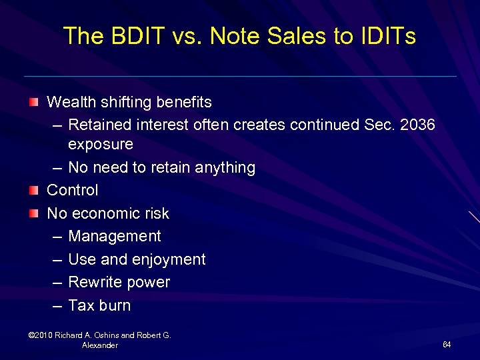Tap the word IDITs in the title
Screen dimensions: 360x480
383,36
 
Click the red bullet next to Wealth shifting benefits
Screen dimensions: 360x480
33,102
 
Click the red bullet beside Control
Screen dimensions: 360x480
33,190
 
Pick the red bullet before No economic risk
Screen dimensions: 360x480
33,213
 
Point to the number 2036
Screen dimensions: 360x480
417,125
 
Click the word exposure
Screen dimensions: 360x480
101,145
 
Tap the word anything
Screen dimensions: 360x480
226,167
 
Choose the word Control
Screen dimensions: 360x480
72,190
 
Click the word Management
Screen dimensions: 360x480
115,236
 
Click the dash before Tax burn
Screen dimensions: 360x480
57,306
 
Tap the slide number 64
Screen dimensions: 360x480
447,345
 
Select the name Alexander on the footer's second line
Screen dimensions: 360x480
100,345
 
